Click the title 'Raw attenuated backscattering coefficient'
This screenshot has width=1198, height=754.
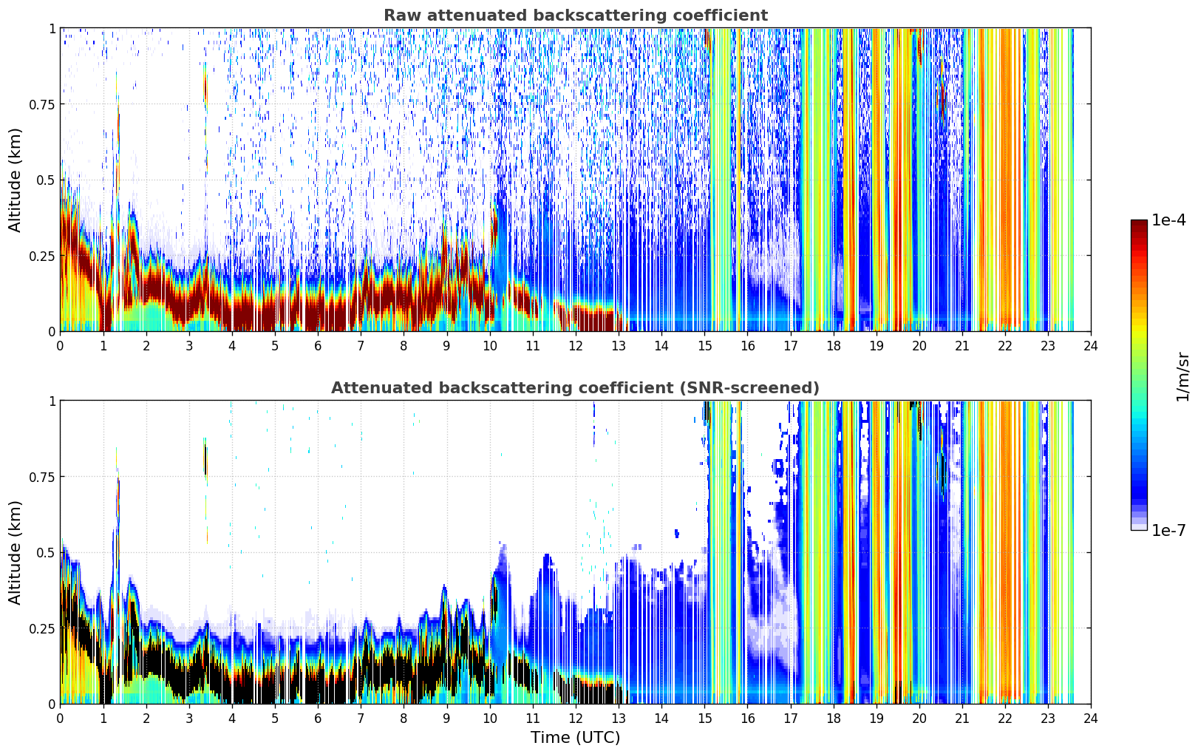(x=576, y=15)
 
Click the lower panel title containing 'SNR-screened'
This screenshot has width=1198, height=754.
(x=576, y=387)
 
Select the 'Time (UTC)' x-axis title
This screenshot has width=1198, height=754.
(x=576, y=738)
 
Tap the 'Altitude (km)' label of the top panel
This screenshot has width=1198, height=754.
(x=15, y=180)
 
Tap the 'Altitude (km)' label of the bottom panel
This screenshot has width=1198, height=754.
(x=15, y=553)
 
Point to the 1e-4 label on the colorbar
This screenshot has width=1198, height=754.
(x=1168, y=220)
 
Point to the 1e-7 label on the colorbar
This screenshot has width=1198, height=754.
(x=1168, y=531)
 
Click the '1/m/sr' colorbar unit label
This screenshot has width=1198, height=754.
(x=1182, y=376)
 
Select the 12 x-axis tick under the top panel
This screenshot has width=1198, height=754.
(x=576, y=346)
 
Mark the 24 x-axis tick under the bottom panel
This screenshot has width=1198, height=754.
(x=1091, y=719)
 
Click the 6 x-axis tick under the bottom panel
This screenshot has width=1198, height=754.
(x=318, y=719)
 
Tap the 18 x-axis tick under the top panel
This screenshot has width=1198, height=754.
(x=833, y=346)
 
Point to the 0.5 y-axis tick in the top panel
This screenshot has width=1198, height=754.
(x=45, y=180)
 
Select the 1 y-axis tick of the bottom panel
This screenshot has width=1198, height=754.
(x=52, y=401)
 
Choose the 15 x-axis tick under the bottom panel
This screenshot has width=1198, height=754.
(x=704, y=719)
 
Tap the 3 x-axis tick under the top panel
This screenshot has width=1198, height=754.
(x=188, y=346)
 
